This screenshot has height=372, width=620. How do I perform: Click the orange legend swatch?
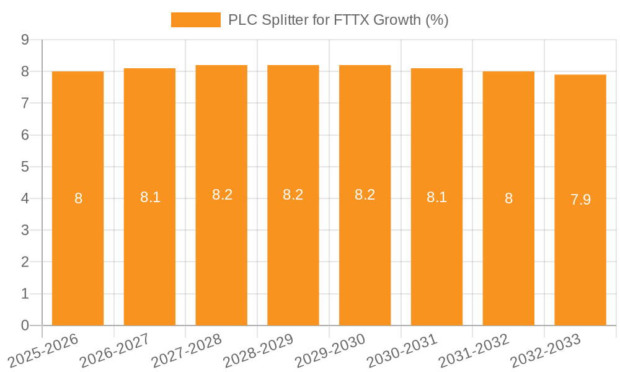[x=195, y=20]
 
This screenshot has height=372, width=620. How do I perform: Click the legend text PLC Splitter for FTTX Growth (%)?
[x=338, y=20]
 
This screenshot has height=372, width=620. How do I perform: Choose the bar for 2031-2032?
[x=508, y=260]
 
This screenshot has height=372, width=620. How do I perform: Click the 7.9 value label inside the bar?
[x=580, y=200]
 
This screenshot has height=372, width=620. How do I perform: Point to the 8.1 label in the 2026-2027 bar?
[x=150, y=197]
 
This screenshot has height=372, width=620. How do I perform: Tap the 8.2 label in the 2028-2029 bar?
[x=293, y=195]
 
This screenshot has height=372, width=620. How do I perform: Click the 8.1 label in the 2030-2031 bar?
[x=436, y=197]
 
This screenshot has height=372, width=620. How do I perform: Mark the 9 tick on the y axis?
[x=25, y=40]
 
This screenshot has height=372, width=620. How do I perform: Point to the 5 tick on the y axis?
[x=25, y=167]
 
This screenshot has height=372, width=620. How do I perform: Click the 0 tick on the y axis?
[x=25, y=325]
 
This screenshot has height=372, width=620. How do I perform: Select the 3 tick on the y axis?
[x=25, y=230]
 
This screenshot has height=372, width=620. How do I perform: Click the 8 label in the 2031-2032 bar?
[x=508, y=198]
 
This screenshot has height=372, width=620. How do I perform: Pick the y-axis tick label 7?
[x=25, y=103]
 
